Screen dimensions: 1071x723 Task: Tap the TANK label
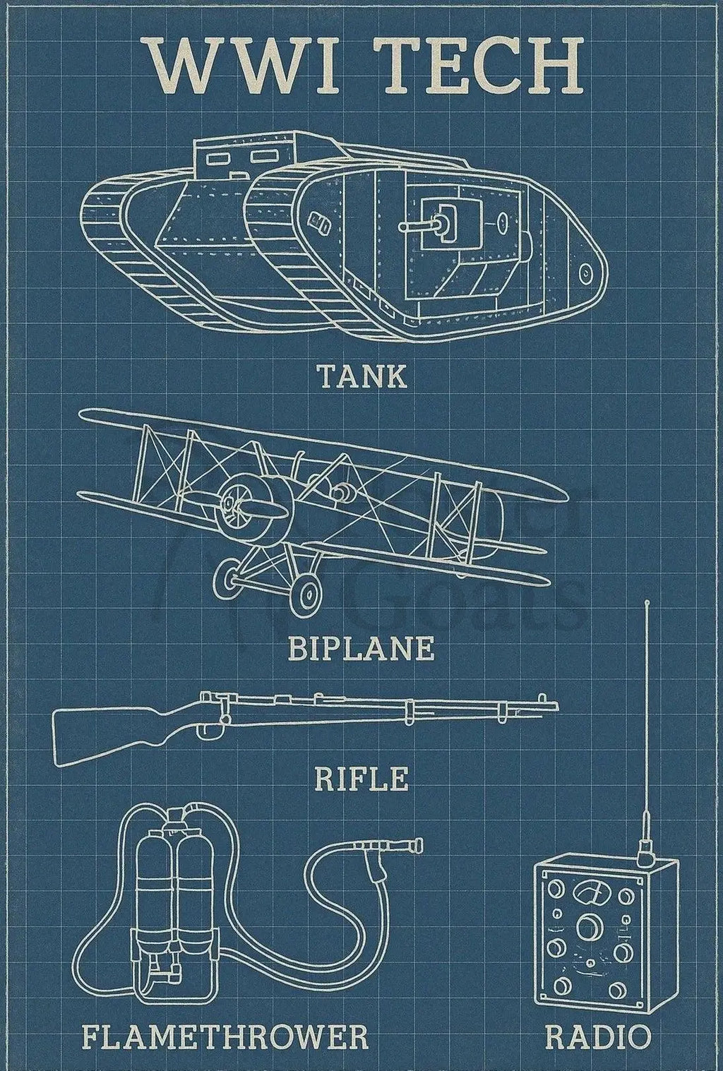361,376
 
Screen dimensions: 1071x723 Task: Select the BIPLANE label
361,647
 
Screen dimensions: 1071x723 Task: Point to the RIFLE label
361,779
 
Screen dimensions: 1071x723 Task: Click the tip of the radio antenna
647,604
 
